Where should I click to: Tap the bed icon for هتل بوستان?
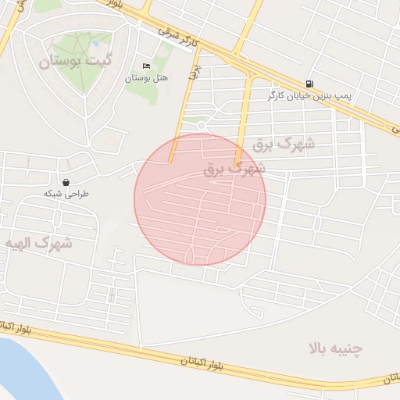coord(146,66)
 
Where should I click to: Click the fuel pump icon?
coord(311,84)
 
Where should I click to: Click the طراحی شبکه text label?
coord(66,193)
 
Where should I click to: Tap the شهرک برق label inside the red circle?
coord(234,168)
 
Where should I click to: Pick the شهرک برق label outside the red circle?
coord(284,145)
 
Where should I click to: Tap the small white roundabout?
coord(202,125)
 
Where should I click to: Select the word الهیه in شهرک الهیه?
coord(22,243)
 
